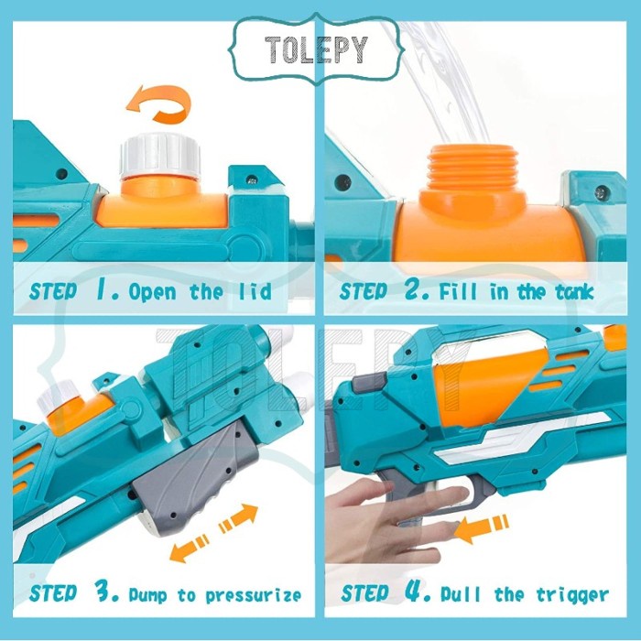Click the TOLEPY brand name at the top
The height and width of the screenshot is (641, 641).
point(316,49)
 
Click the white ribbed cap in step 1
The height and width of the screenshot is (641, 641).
point(160,157)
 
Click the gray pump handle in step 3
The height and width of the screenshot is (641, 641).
point(196,481)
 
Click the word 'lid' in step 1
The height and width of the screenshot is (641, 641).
point(255,291)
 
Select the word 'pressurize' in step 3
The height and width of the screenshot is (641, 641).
point(253,595)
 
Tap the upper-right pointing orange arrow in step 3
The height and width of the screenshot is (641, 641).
point(239,518)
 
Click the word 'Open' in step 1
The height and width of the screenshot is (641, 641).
point(153,292)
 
